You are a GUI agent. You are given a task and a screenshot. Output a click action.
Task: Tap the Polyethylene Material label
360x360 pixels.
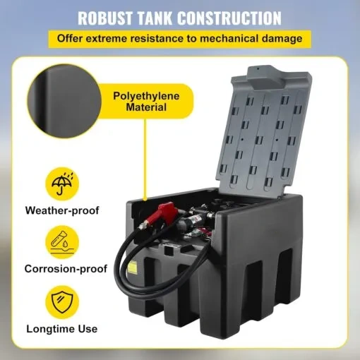143,100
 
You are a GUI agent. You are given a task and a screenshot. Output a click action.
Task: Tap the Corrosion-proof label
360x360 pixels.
66,269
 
